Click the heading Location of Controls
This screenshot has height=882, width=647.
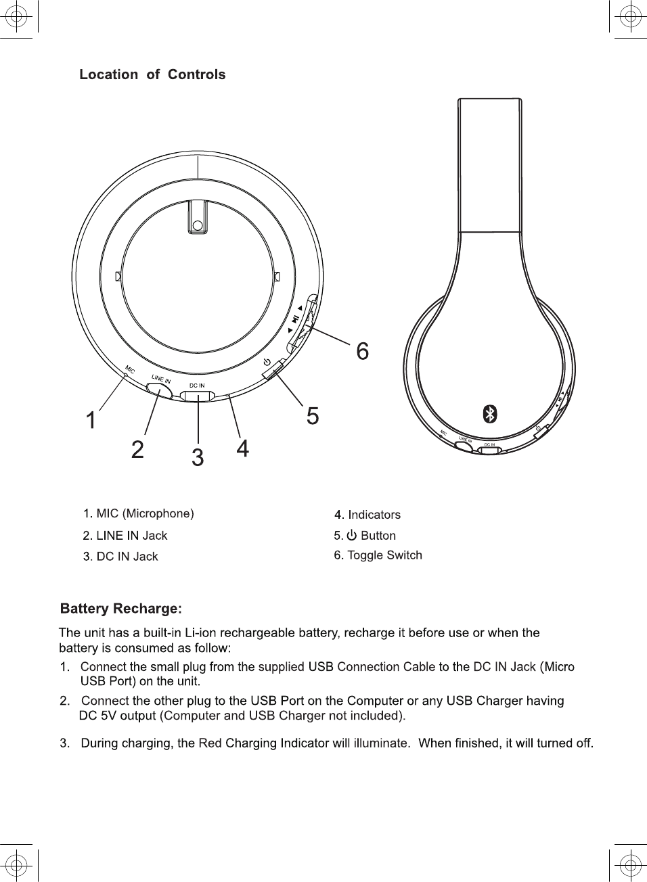point(152,74)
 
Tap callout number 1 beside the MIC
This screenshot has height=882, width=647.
point(91,421)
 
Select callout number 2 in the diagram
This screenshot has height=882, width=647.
point(137,449)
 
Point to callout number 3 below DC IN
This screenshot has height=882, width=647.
point(198,458)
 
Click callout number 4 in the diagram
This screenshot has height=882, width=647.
point(242,448)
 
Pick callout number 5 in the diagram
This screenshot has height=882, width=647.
point(312,415)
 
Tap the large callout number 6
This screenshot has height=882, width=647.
point(363,351)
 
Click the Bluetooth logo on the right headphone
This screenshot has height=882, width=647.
point(490,414)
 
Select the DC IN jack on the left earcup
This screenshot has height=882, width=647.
point(198,396)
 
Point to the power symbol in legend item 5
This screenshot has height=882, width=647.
point(351,536)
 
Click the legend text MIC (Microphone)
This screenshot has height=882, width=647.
point(145,513)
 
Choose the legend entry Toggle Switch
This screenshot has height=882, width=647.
point(384,555)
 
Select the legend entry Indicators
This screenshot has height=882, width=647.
point(374,515)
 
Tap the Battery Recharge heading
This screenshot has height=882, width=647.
point(121,609)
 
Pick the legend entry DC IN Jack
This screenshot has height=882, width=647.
point(127,557)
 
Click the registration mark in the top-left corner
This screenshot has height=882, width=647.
point(18,17)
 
